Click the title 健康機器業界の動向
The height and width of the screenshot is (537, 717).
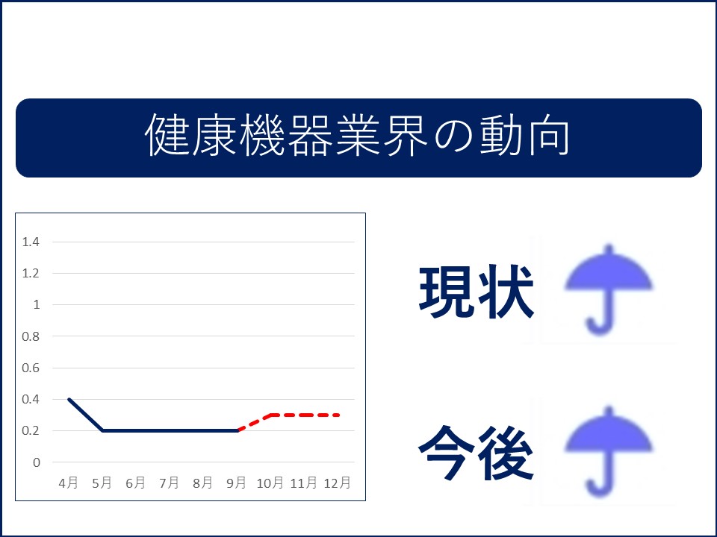coord(357,136)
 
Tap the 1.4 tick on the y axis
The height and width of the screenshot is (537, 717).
coord(31,242)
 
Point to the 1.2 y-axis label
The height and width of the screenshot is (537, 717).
coord(31,273)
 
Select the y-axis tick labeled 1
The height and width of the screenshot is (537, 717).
coord(37,304)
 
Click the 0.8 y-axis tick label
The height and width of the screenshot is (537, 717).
coord(31,336)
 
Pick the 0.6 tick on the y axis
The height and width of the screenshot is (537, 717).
coord(31,368)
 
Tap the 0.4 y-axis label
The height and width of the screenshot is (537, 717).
coord(31,399)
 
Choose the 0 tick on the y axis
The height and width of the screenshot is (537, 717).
coord(37,462)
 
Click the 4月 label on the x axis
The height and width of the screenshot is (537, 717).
coord(68,483)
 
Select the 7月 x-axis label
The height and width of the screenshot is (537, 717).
coord(169,483)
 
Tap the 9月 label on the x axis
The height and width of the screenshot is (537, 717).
coord(236,483)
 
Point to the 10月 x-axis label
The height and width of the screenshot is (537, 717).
coord(270,483)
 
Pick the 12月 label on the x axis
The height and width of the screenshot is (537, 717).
coord(337,483)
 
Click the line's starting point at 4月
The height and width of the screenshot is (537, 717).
coord(69,399)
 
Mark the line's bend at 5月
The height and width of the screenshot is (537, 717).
coord(102,430)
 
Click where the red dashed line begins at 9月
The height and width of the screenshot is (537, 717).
coord(238,430)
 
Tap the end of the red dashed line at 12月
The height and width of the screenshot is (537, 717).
coord(338,415)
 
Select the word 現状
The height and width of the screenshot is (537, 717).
coord(476,291)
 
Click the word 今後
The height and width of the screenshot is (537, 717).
coord(476,453)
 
